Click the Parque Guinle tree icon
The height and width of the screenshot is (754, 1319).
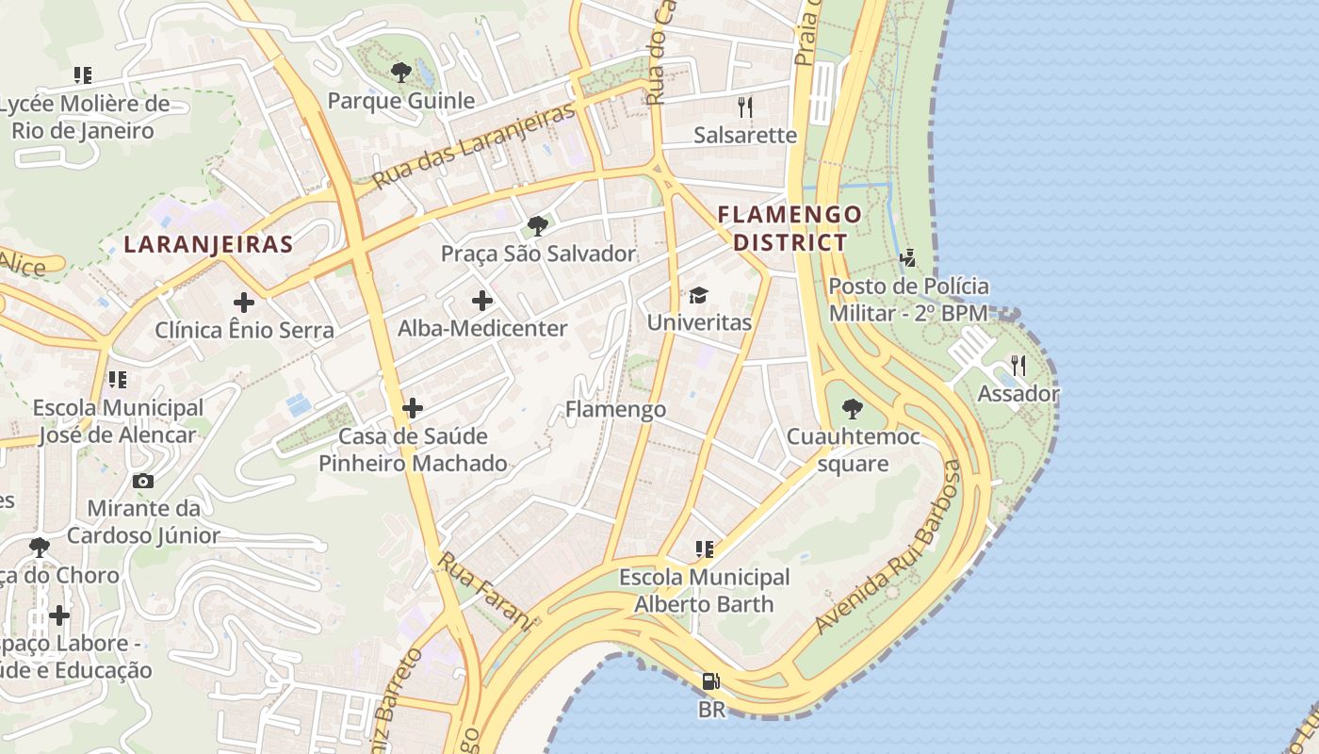tap(400, 72)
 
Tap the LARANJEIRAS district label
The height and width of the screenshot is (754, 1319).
tap(208, 245)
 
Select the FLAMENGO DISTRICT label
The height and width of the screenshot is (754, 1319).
tap(790, 228)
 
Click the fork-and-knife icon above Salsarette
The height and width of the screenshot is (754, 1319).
tap(745, 107)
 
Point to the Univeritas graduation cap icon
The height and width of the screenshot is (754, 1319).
tap(698, 296)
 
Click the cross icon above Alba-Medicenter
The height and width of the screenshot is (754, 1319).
tap(482, 302)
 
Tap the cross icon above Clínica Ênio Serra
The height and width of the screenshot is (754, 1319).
tap(244, 303)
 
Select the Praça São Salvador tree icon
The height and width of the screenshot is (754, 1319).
tap(538, 226)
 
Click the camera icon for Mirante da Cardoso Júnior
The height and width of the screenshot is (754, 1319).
tap(143, 482)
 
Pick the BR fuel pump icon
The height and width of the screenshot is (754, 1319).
tap(711, 681)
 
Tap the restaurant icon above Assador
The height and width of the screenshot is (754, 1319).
tap(1018, 366)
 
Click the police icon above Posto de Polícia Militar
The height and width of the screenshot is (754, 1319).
tap(908, 257)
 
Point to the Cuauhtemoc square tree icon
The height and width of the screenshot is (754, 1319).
tap(852, 409)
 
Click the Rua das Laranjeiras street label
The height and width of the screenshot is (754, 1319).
tap(473, 145)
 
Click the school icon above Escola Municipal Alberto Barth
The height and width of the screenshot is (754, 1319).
tap(704, 549)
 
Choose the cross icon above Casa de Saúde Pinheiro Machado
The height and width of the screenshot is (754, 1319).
tap(413, 408)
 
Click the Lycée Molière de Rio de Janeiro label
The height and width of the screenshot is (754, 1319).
tap(83, 117)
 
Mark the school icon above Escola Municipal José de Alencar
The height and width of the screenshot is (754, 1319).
tap(117, 380)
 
